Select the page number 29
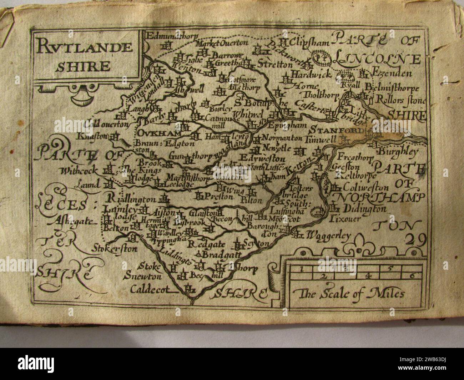tap(416, 240)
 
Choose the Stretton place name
tap(279, 65)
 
